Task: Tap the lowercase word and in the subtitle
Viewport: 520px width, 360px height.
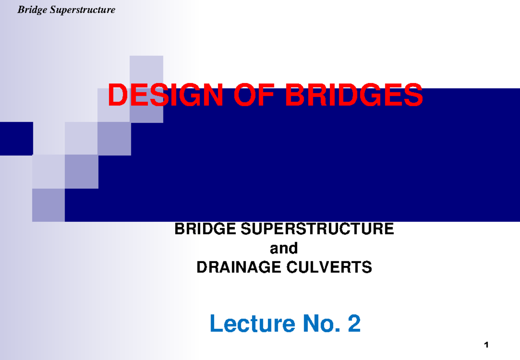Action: pyautogui.click(x=284, y=248)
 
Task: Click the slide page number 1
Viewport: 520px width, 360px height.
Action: pyautogui.click(x=487, y=345)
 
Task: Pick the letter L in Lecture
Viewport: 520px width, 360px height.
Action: pyautogui.click(x=215, y=324)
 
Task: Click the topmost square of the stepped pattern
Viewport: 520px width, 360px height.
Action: pyautogui.click(x=146, y=72)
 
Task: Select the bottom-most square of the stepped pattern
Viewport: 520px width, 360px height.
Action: pyautogui.click(x=49, y=205)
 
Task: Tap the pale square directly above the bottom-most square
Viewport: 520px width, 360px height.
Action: pyautogui.click(x=49, y=172)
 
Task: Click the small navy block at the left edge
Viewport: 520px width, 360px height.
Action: pyautogui.click(x=16, y=139)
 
